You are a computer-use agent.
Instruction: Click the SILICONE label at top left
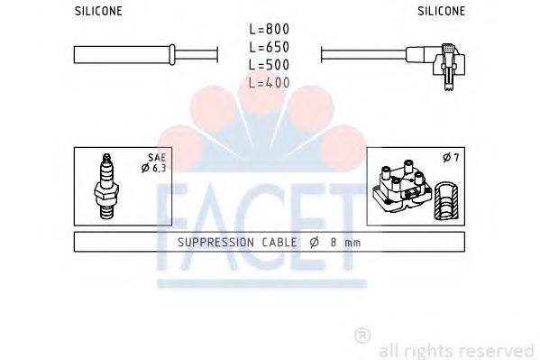(x=97, y=12)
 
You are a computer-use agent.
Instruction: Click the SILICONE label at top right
(x=441, y=12)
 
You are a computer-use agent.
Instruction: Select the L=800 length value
(x=270, y=30)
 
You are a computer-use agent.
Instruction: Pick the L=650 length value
(x=270, y=47)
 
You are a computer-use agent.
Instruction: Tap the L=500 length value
(x=270, y=64)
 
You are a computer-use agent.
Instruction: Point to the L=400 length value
(x=270, y=82)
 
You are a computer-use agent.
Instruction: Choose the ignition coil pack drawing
(x=398, y=188)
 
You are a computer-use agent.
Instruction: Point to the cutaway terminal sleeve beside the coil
(x=444, y=199)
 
